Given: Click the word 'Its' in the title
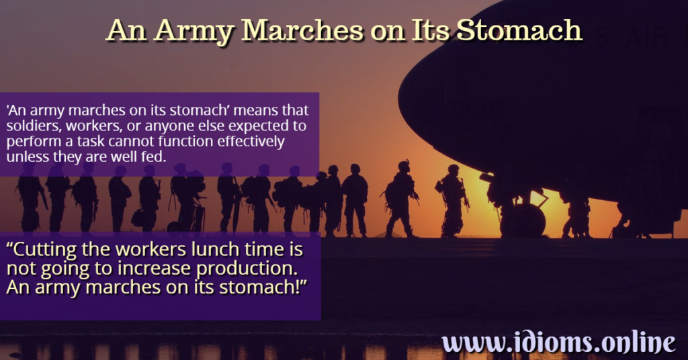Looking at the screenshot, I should (x=423, y=31).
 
